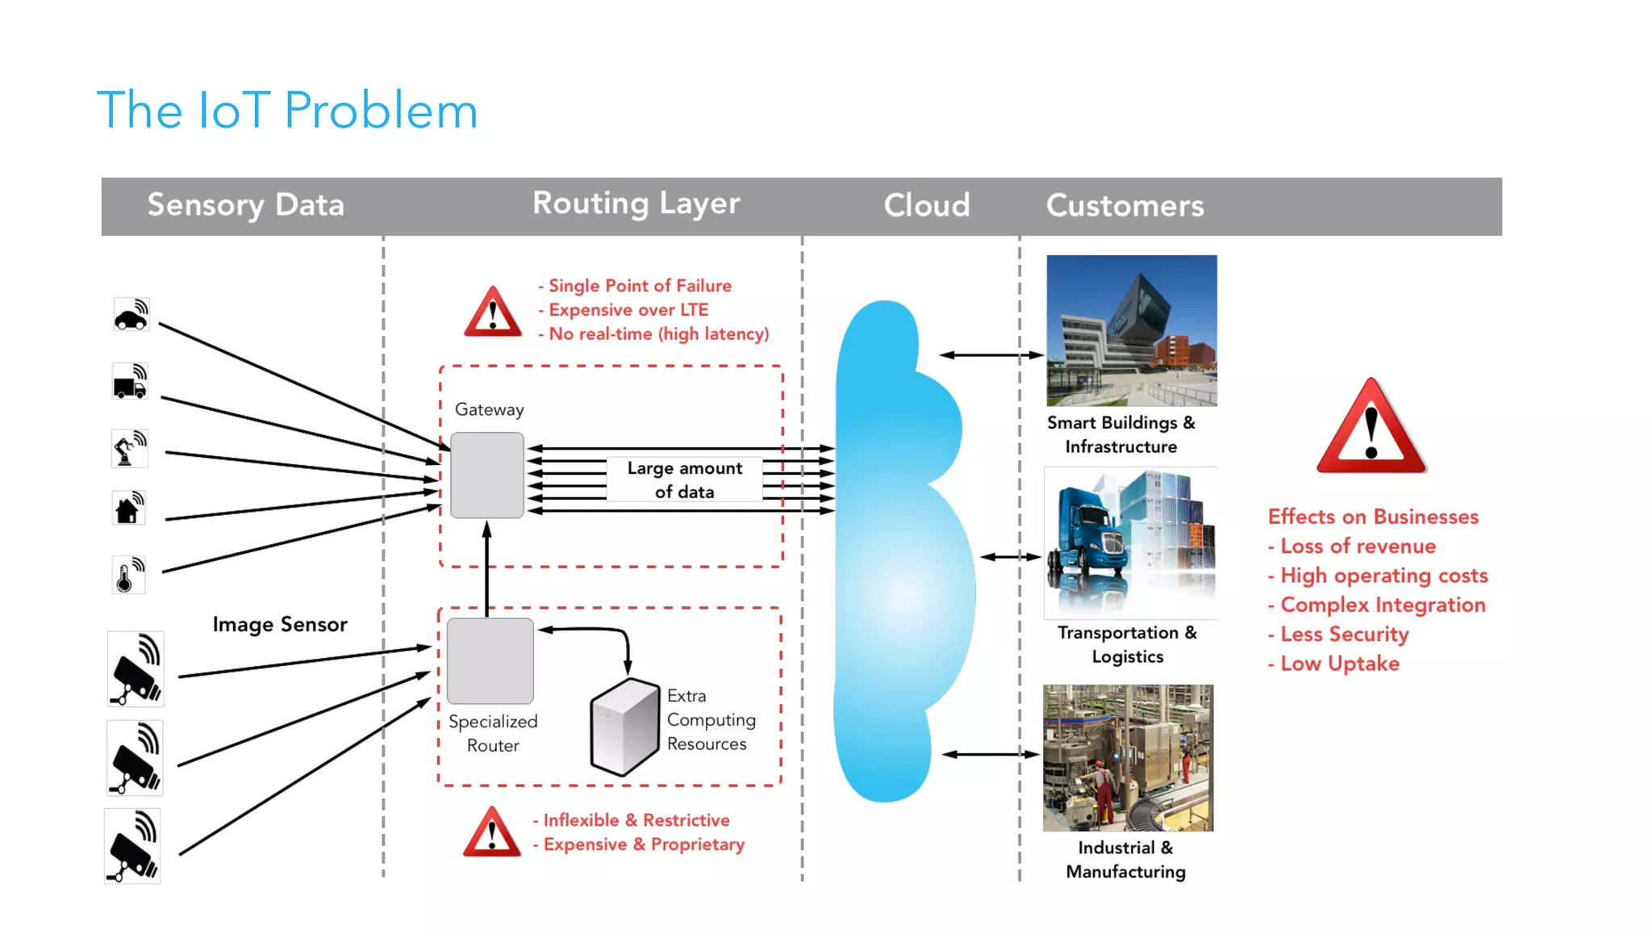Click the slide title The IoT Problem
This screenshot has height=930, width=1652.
pos(287,111)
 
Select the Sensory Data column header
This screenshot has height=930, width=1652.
pos(245,205)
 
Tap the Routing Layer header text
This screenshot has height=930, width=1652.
pos(636,203)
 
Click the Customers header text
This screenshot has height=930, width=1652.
pos(1124,206)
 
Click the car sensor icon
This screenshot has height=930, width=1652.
pos(131,315)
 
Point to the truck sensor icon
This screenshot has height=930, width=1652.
pos(130,382)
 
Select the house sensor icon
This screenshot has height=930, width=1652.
pos(128,509)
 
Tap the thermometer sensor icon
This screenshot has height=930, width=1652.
pos(128,575)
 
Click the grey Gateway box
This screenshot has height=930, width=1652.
pos(487,475)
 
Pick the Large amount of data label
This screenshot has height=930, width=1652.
pos(684,480)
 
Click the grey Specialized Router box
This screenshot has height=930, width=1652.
pos(490,660)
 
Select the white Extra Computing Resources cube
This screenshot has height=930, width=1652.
pos(624,726)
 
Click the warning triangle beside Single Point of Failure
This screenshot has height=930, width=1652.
pos(493,312)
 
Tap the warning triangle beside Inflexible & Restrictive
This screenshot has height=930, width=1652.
pos(492,832)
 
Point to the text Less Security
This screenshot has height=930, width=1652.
pos(1344,635)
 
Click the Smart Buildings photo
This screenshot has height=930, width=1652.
pos(1131,330)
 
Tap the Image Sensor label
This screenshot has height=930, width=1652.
pos(280,624)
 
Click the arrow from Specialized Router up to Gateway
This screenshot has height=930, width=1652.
pos(486,570)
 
